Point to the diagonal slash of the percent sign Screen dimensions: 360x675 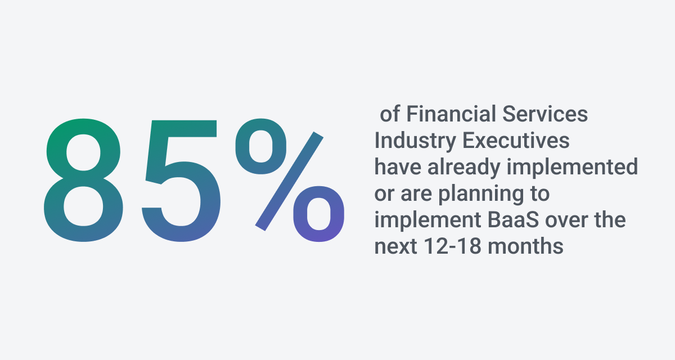click(290, 181)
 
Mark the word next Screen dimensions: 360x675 click(394, 246)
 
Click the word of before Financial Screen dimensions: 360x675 click(390, 115)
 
